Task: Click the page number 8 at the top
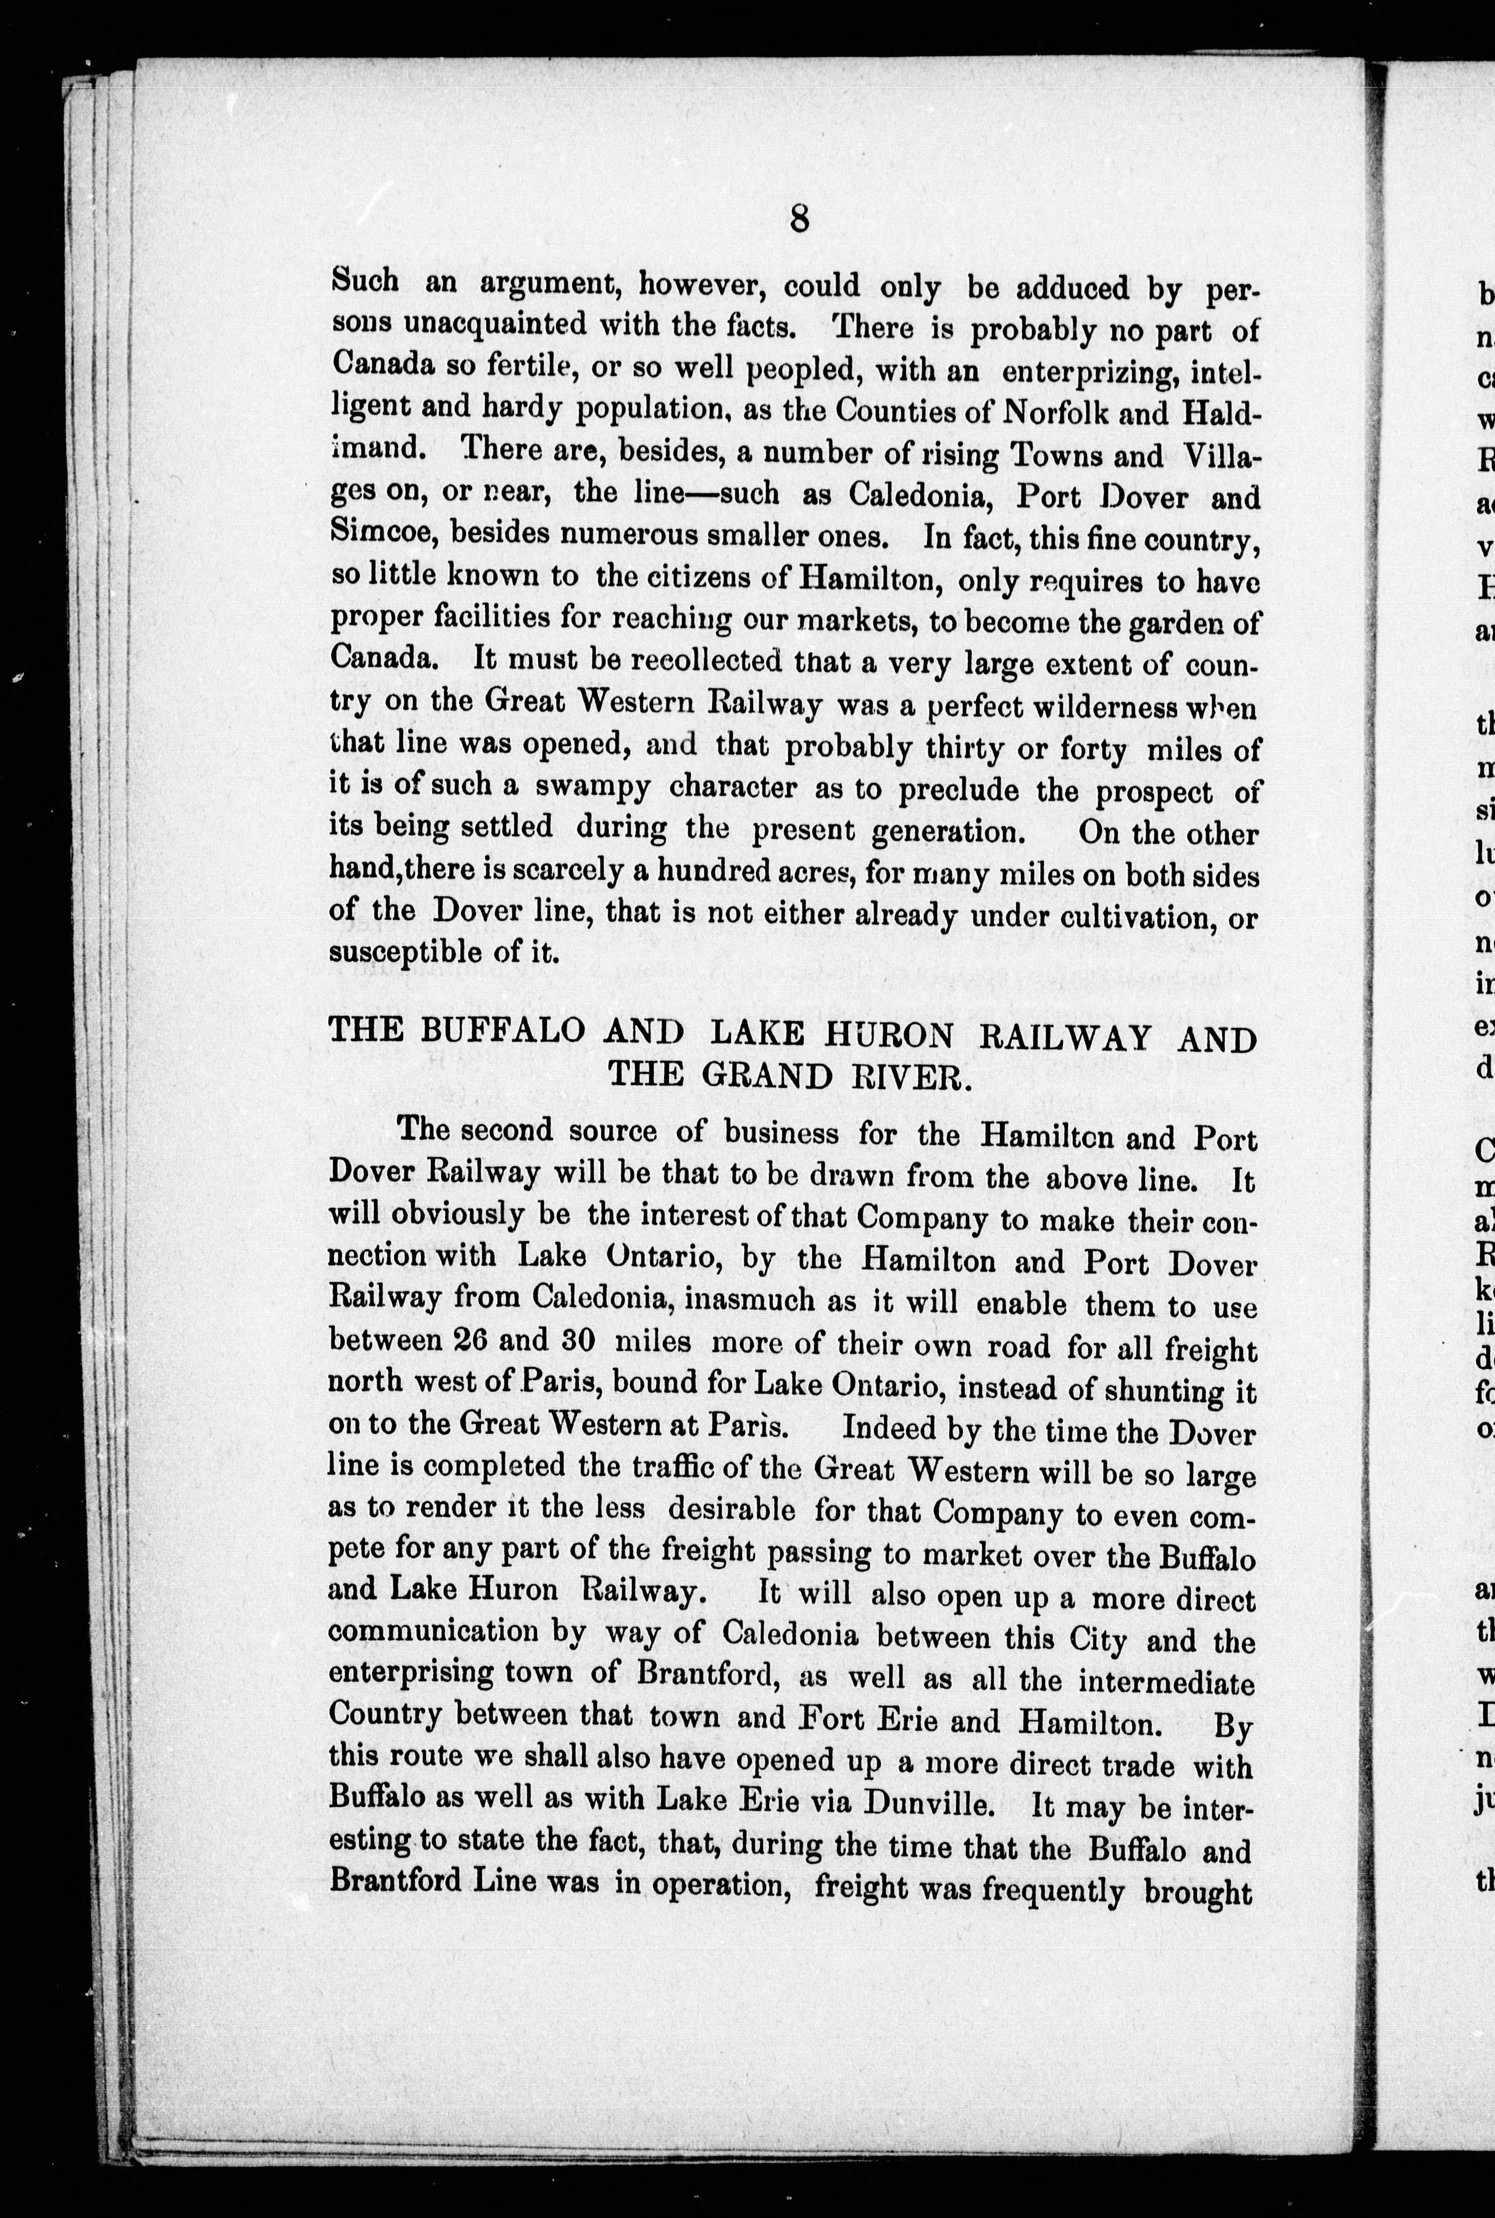[799, 220]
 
